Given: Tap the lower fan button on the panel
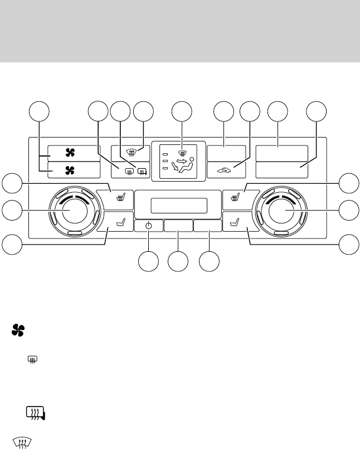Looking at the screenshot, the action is click(74, 170).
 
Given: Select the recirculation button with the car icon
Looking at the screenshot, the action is click(226, 170).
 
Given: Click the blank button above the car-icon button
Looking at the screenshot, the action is click(226, 153).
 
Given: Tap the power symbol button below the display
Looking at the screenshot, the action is click(149, 226).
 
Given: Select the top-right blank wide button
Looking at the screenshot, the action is click(282, 153).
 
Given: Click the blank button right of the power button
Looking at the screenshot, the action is click(178, 226).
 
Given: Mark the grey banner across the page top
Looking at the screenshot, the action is click(180, 31).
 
